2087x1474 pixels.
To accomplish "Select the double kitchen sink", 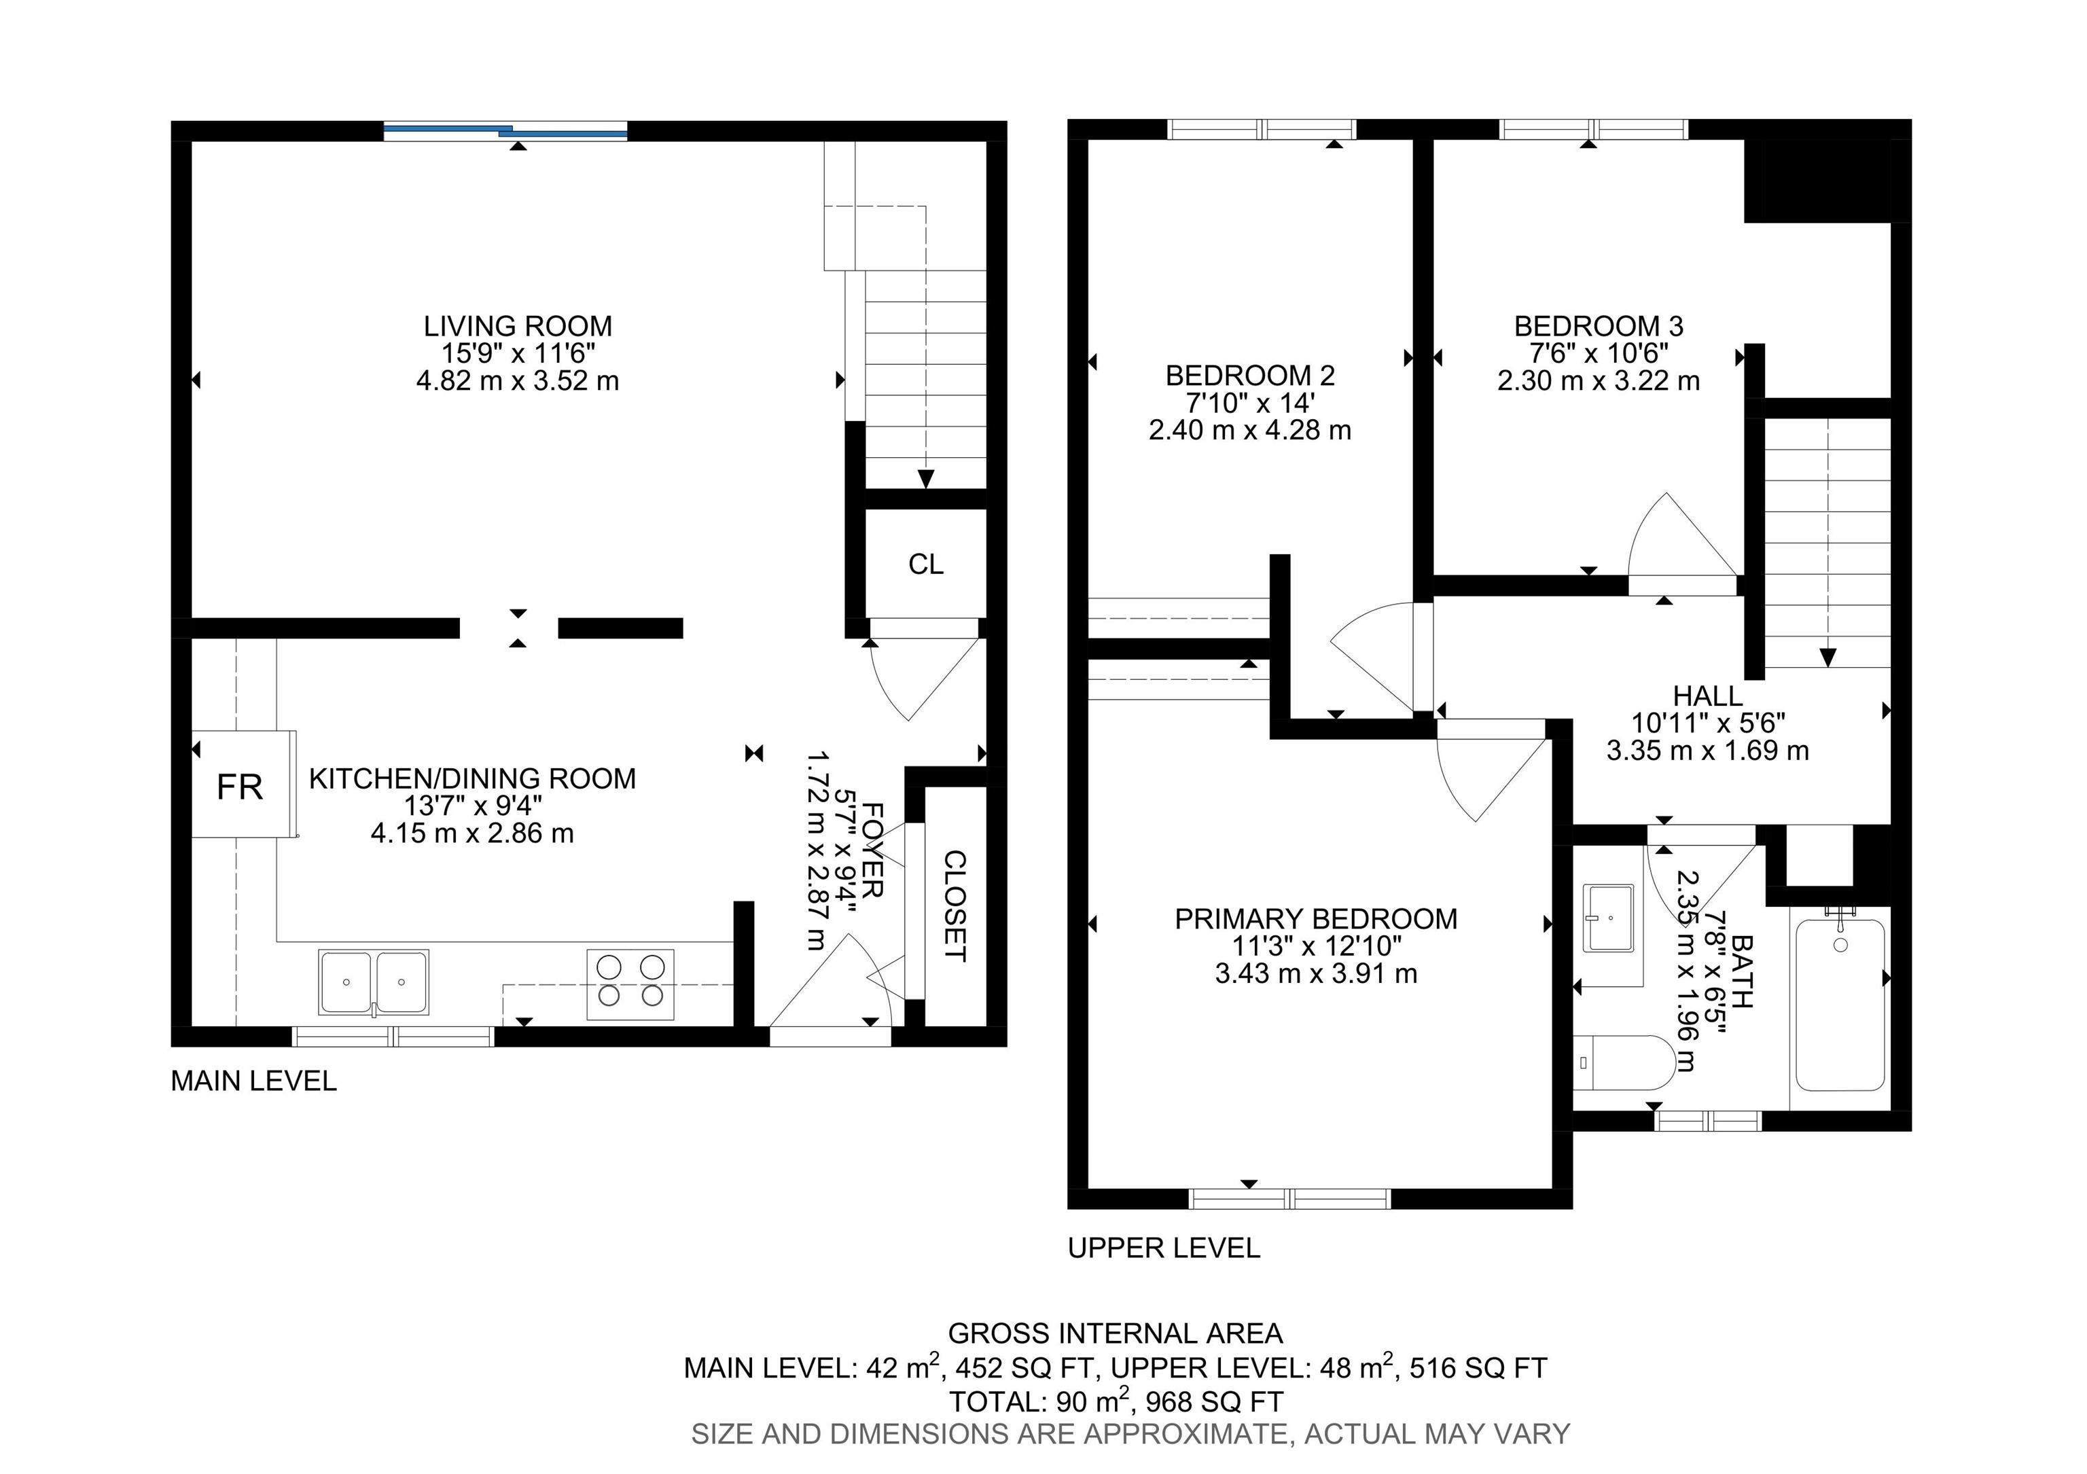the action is tap(373, 982).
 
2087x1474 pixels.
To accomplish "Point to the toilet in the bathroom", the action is tap(1624, 1062).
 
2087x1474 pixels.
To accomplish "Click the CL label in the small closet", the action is tap(925, 564).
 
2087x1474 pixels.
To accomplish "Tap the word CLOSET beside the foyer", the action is tap(955, 906).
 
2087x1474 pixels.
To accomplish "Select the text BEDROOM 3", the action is tap(1598, 325).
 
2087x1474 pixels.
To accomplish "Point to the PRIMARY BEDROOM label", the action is tap(1316, 919).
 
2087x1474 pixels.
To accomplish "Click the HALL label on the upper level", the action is tap(1708, 696).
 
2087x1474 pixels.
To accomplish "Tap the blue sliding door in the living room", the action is tap(505, 132).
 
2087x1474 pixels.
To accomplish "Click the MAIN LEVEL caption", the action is tap(253, 1081).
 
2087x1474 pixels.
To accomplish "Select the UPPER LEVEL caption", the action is tap(1164, 1248).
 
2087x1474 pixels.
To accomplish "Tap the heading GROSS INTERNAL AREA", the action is tap(1116, 1333).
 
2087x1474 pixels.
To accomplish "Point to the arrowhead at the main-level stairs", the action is tap(926, 479).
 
